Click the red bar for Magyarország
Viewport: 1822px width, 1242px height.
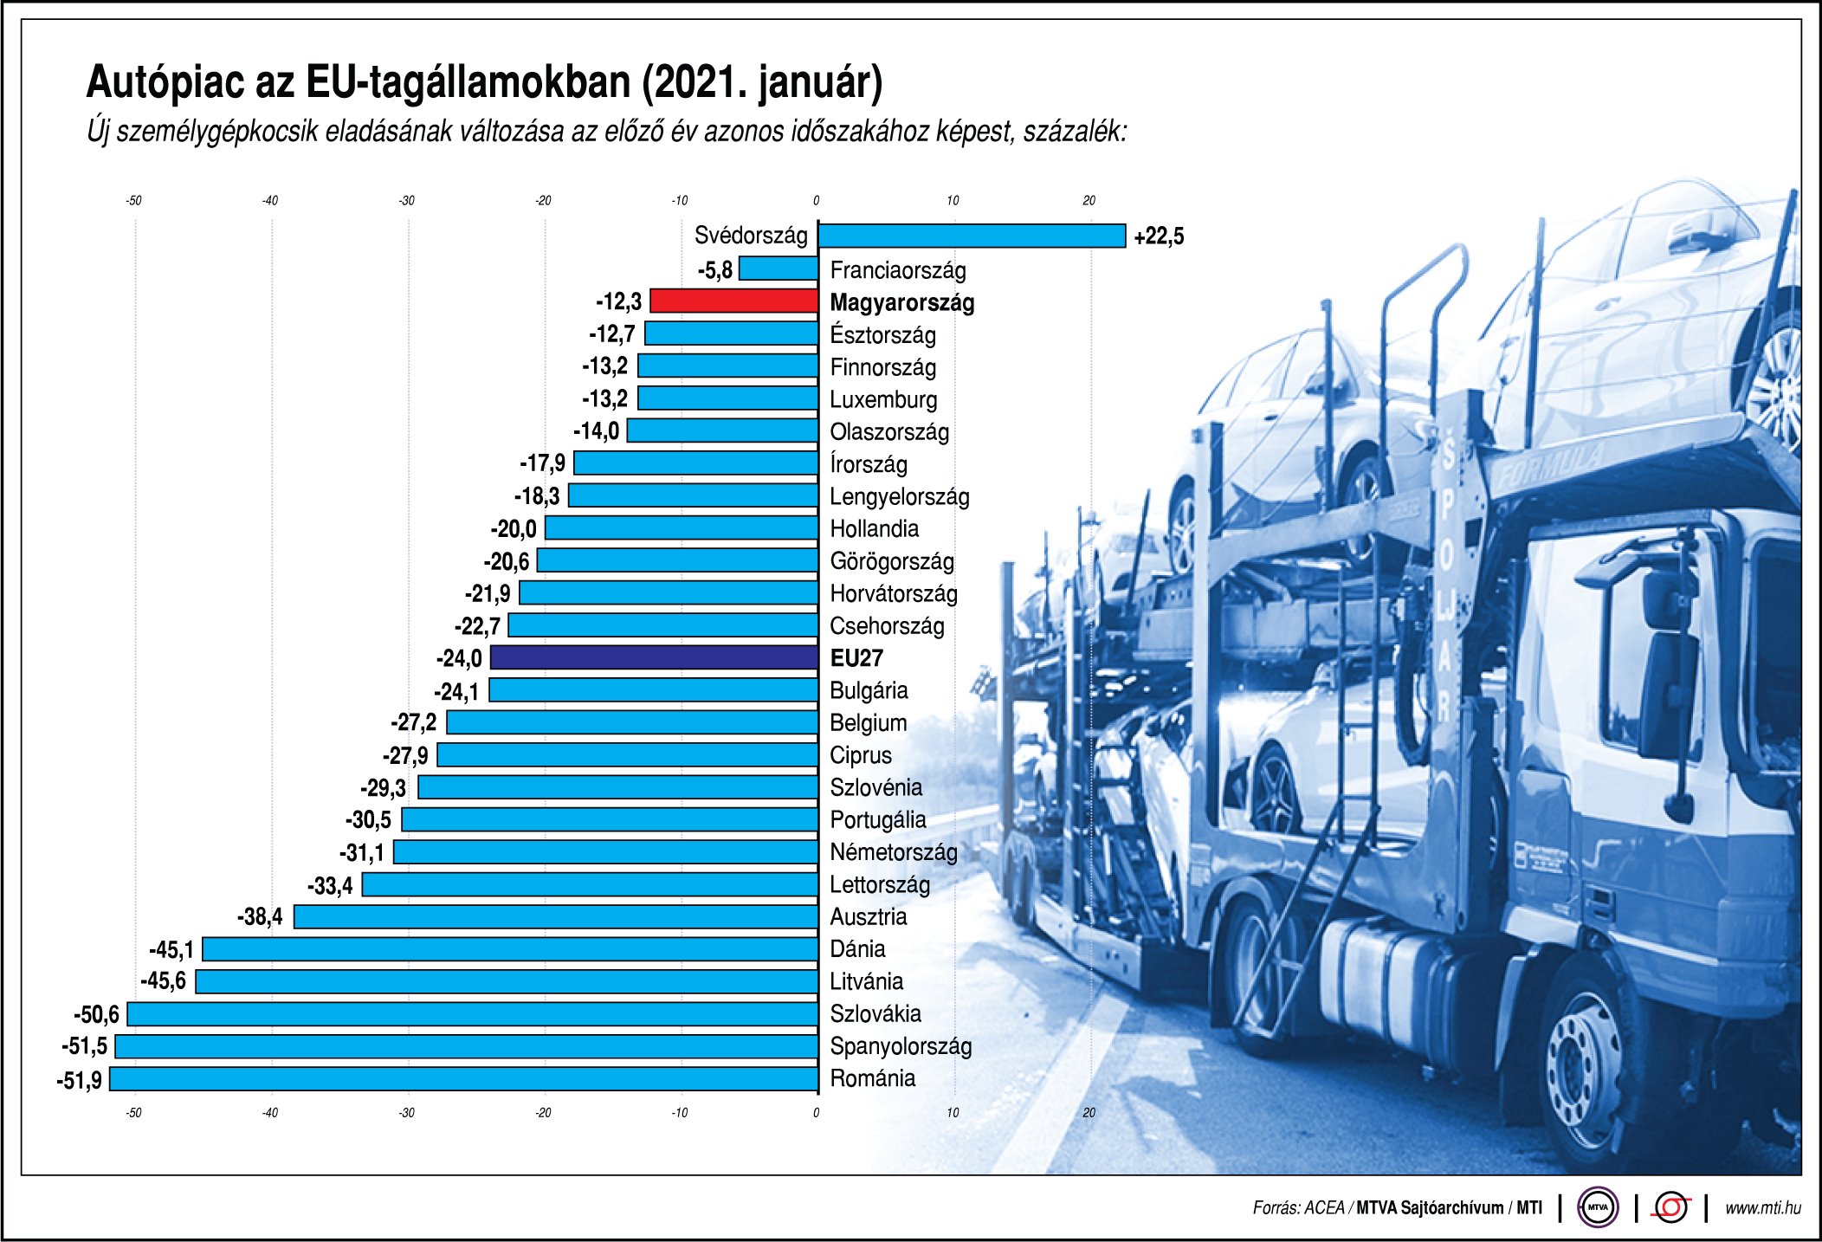coord(733,301)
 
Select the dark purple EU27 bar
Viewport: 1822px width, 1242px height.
coord(654,657)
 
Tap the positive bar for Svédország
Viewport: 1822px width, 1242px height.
coord(972,236)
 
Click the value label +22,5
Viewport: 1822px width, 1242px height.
coord(1159,236)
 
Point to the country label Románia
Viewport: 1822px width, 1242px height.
coord(872,1078)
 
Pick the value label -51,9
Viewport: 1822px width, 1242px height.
coord(80,1080)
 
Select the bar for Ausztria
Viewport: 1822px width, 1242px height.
coord(556,916)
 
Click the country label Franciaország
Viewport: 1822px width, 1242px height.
coord(897,270)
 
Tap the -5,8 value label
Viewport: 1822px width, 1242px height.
coord(715,270)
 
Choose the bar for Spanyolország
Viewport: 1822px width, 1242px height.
coord(467,1046)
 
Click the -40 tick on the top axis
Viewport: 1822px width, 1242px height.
coord(270,201)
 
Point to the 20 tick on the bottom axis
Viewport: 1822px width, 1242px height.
coord(1089,1113)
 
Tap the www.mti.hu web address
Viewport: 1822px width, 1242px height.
coord(1762,1208)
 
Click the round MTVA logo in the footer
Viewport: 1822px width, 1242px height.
coord(1598,1207)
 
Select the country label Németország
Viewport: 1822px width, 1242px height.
coord(893,852)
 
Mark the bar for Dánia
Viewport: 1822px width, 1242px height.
coord(510,949)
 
